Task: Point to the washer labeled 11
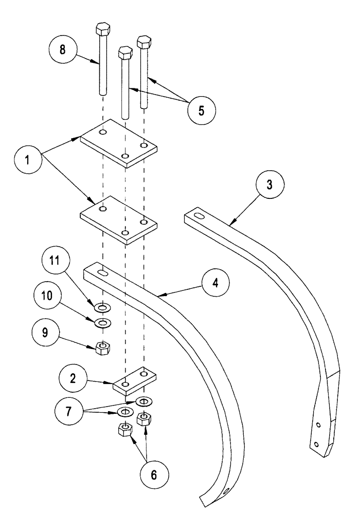pos(103,307)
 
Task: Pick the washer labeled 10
pos(103,324)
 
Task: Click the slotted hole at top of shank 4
pos(101,273)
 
